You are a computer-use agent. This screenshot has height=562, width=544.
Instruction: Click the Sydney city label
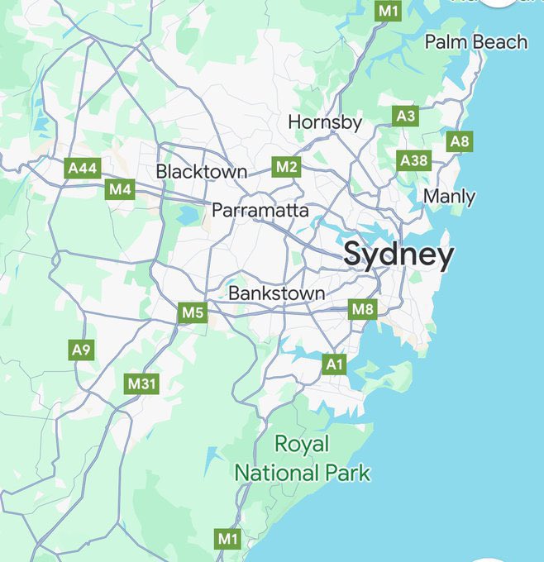pos(398,255)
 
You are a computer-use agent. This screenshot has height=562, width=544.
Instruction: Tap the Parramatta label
pos(260,211)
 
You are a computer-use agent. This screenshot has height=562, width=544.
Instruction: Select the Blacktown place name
pos(202,172)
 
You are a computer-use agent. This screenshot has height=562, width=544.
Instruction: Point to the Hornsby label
pos(325,122)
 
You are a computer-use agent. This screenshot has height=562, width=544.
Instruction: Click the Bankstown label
pos(276,293)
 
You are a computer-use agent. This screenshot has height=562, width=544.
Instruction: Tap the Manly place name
pos(449,197)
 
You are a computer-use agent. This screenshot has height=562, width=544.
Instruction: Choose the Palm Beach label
pos(475,41)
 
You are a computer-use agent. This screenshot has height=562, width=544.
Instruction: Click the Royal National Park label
pos(302,459)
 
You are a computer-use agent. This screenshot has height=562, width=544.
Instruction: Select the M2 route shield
pos(286,167)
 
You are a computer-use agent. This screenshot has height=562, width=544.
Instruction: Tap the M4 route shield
pos(120,189)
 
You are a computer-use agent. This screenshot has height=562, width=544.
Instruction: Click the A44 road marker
pos(83,169)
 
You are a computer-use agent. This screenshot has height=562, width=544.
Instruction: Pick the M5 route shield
pos(192,312)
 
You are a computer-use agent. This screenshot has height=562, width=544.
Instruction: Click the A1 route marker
pos(334,364)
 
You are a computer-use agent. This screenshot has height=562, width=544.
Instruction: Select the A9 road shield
pos(80,350)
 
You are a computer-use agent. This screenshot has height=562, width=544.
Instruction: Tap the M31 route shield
pos(141,383)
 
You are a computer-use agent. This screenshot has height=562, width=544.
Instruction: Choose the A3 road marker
pos(405,116)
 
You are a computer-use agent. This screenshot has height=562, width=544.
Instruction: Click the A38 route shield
pos(413,160)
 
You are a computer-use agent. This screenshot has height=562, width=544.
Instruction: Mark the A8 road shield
pos(460,141)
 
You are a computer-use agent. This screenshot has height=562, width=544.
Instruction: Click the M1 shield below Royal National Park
pos(227,539)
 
